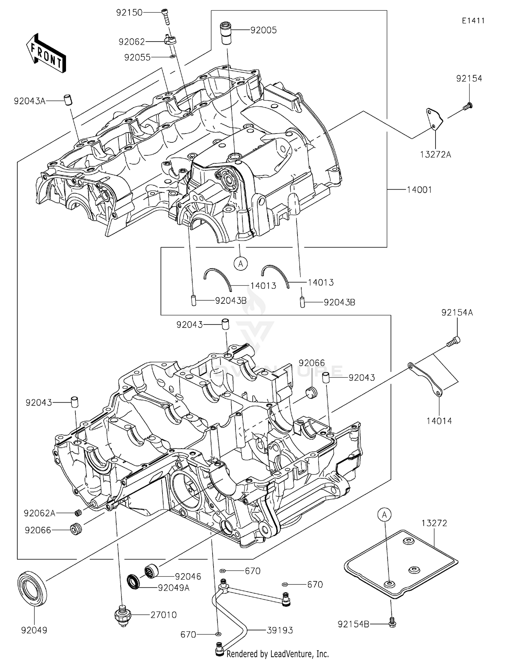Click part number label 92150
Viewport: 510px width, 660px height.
pyautogui.click(x=129, y=13)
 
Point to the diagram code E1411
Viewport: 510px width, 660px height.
pyautogui.click(x=473, y=20)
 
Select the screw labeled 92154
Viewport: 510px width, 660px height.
pyautogui.click(x=468, y=106)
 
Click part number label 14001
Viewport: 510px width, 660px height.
pyautogui.click(x=419, y=190)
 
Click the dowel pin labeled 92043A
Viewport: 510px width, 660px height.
pyautogui.click(x=69, y=101)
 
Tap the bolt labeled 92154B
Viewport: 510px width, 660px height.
pyautogui.click(x=392, y=623)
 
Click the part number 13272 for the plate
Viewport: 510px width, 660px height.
pyautogui.click(x=434, y=523)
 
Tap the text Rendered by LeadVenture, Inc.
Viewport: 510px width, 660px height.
pyautogui.click(x=277, y=654)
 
